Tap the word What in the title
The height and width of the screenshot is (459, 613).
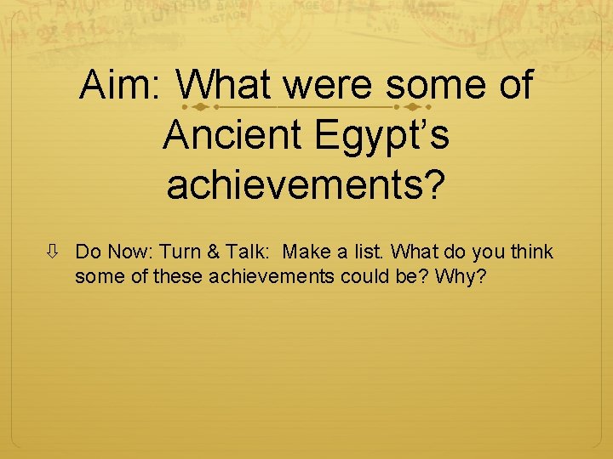[225, 86]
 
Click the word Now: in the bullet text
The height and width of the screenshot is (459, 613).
[125, 252]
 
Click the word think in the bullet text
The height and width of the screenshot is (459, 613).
[530, 252]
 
